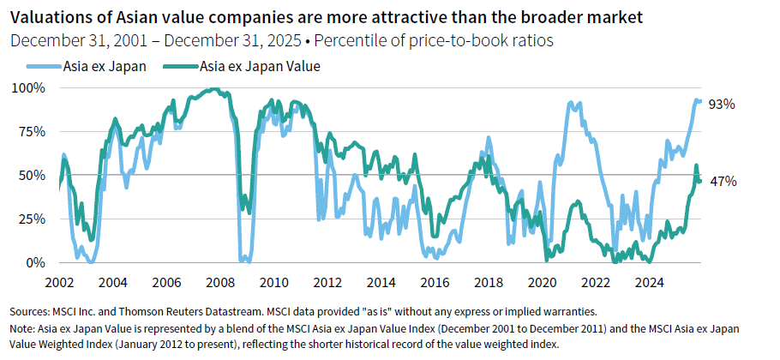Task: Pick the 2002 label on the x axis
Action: (x=61, y=282)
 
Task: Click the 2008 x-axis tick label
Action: (x=221, y=282)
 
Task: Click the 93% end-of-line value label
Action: (x=722, y=104)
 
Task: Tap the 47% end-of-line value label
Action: (x=722, y=181)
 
